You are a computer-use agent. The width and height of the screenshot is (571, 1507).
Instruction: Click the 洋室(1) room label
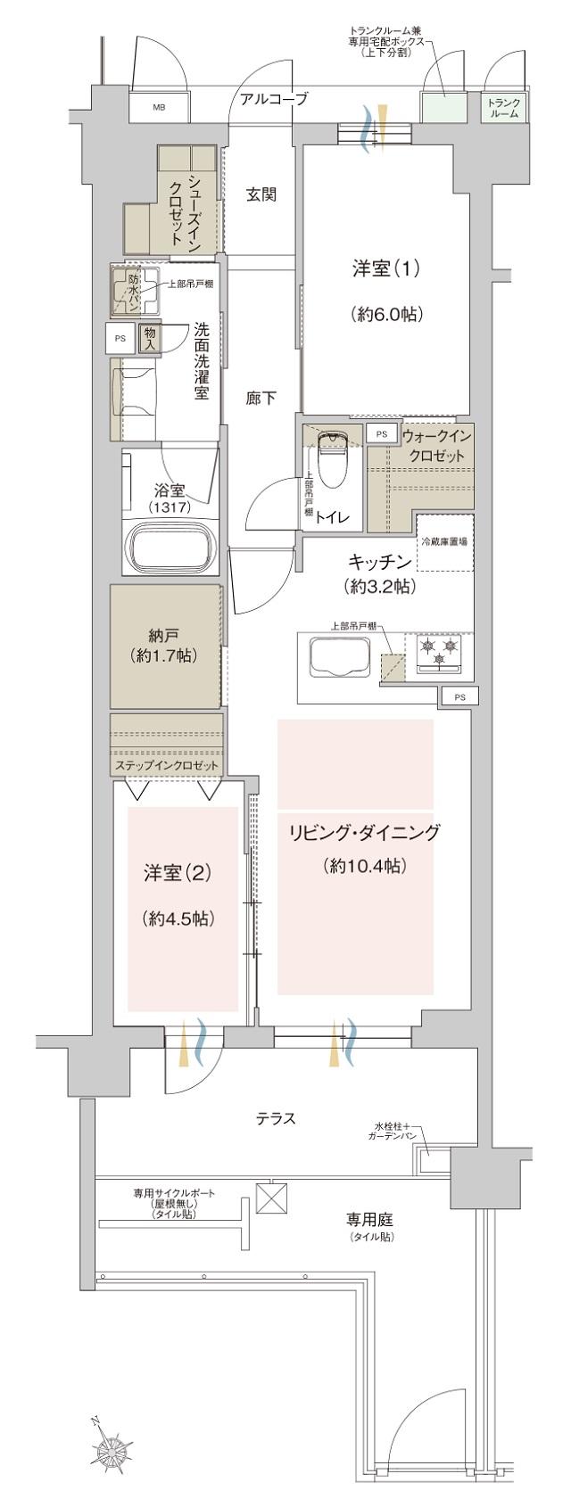click(386, 269)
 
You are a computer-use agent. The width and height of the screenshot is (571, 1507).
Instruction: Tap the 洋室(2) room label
click(178, 873)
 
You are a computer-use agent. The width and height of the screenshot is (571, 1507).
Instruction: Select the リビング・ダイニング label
click(364, 833)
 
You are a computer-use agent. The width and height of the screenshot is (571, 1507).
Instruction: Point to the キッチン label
click(379, 562)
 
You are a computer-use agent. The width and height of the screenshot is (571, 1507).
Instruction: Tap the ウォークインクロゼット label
click(434, 446)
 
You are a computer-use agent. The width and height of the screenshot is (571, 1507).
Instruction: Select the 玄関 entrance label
click(261, 195)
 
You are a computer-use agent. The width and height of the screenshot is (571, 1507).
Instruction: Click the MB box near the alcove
click(159, 108)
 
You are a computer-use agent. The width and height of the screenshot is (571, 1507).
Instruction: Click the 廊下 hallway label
click(261, 399)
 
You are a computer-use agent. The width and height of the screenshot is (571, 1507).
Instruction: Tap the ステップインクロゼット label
click(166, 766)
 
